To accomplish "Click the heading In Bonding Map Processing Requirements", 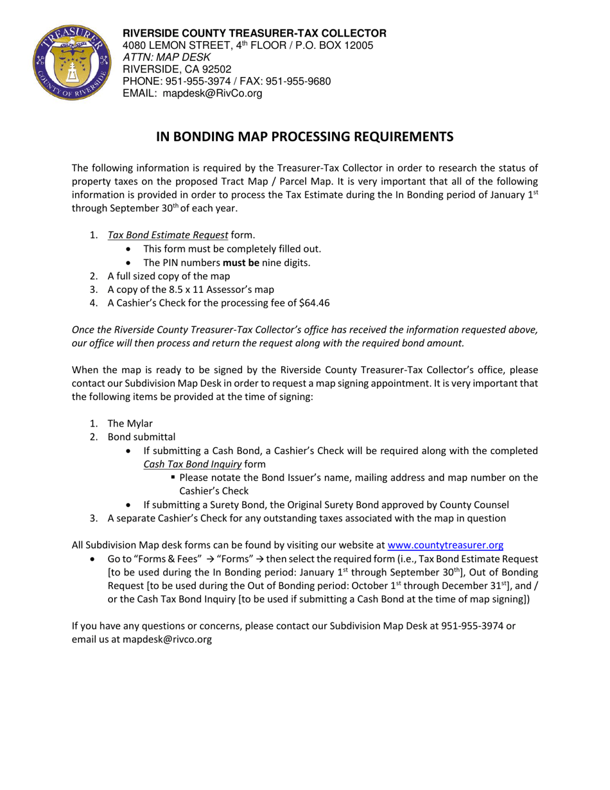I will (x=305, y=137).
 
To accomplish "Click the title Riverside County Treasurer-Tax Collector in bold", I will (x=254, y=33).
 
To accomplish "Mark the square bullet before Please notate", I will (x=174, y=477).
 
